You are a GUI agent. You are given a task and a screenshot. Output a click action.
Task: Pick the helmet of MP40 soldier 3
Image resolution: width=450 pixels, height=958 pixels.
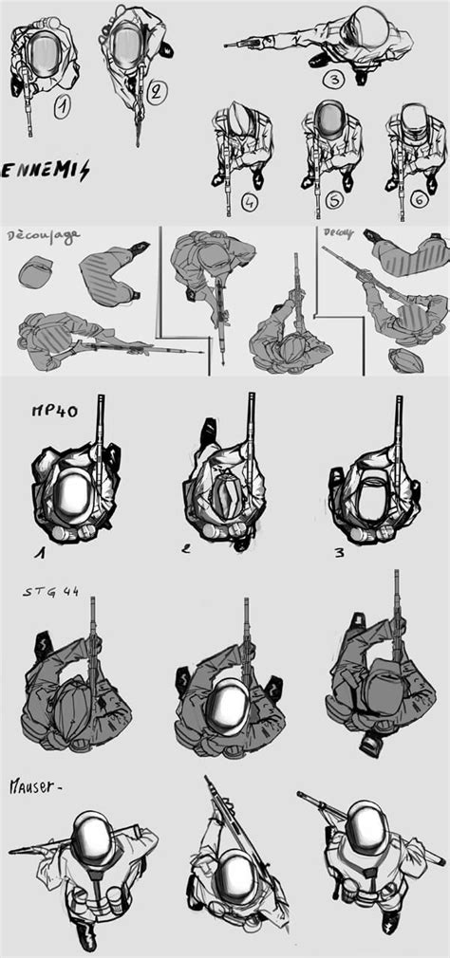pyautogui.click(x=370, y=496)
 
